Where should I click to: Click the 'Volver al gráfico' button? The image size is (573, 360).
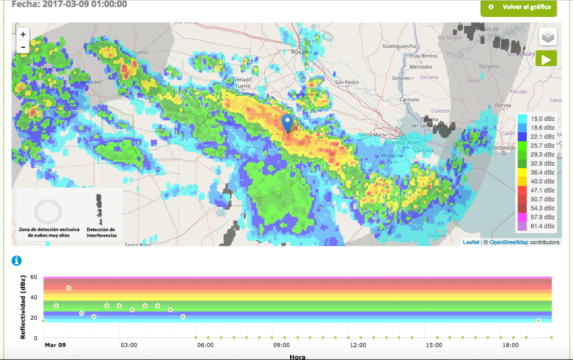519,7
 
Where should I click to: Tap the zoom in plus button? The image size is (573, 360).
23,34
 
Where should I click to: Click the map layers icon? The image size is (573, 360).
548,37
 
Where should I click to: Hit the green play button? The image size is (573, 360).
546,59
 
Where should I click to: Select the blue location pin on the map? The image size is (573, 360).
287,122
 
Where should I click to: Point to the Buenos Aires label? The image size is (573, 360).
403,142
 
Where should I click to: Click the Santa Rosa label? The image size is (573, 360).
137,244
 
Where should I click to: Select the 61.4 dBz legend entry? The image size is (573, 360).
542,226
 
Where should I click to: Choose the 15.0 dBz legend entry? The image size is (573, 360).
542,118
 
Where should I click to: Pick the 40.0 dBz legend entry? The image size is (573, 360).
542,181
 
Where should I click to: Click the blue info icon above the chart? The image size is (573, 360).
17,260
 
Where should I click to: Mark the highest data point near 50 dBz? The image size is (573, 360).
69,288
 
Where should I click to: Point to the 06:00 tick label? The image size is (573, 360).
205,345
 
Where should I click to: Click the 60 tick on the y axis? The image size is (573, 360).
33,277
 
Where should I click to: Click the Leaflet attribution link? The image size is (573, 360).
471,242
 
